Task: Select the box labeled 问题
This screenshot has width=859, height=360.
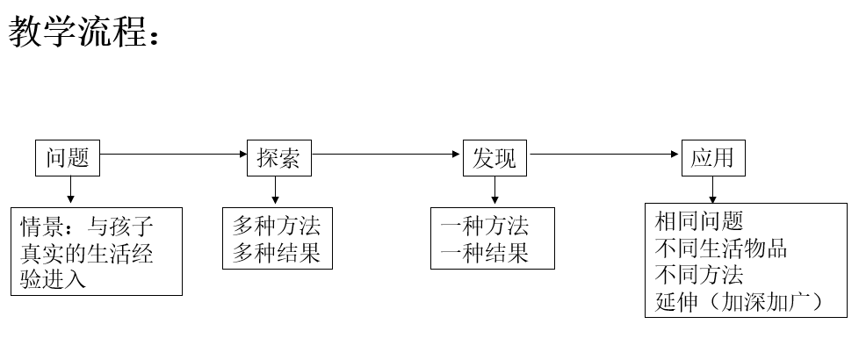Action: [x=68, y=158]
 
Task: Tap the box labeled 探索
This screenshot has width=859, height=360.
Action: [x=278, y=158]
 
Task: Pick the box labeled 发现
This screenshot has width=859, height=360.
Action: [x=494, y=158]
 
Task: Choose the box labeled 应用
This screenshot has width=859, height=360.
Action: [x=711, y=158]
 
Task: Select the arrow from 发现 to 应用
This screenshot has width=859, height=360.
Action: [x=606, y=155]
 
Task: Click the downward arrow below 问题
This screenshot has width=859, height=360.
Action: [x=70, y=191]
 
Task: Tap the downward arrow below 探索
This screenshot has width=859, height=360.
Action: [x=276, y=191]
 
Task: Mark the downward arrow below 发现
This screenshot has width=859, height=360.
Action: [x=494, y=191]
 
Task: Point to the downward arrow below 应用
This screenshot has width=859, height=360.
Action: [x=712, y=189]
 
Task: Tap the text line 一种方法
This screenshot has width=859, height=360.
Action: [x=485, y=226]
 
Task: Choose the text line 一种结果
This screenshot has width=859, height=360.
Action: [x=485, y=253]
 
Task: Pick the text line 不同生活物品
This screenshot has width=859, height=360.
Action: [x=721, y=248]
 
